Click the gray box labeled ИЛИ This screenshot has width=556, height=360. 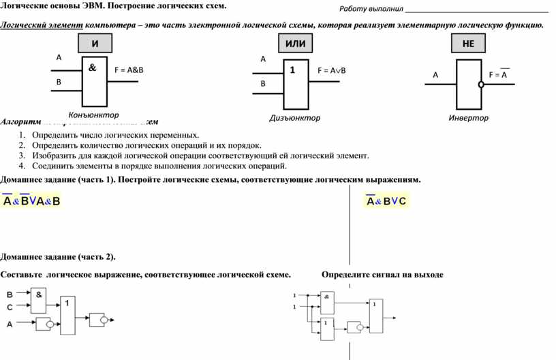[295, 44]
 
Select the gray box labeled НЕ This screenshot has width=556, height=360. [468, 44]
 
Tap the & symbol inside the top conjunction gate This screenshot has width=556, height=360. [92, 68]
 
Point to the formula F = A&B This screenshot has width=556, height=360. [129, 70]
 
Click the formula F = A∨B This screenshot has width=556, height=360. [332, 70]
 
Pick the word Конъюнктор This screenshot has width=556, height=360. [94, 115]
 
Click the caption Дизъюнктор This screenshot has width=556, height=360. [295, 118]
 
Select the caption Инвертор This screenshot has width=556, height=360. [468, 118]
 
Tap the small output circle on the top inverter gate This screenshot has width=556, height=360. [480, 85]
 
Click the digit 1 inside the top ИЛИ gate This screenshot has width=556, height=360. [292, 70]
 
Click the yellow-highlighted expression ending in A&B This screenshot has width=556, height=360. [31, 201]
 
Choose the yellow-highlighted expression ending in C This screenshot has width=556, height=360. [386, 201]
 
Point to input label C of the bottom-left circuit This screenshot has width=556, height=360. [9, 307]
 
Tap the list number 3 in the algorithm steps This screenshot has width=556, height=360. [22, 155]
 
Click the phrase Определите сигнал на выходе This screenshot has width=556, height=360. [382, 275]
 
